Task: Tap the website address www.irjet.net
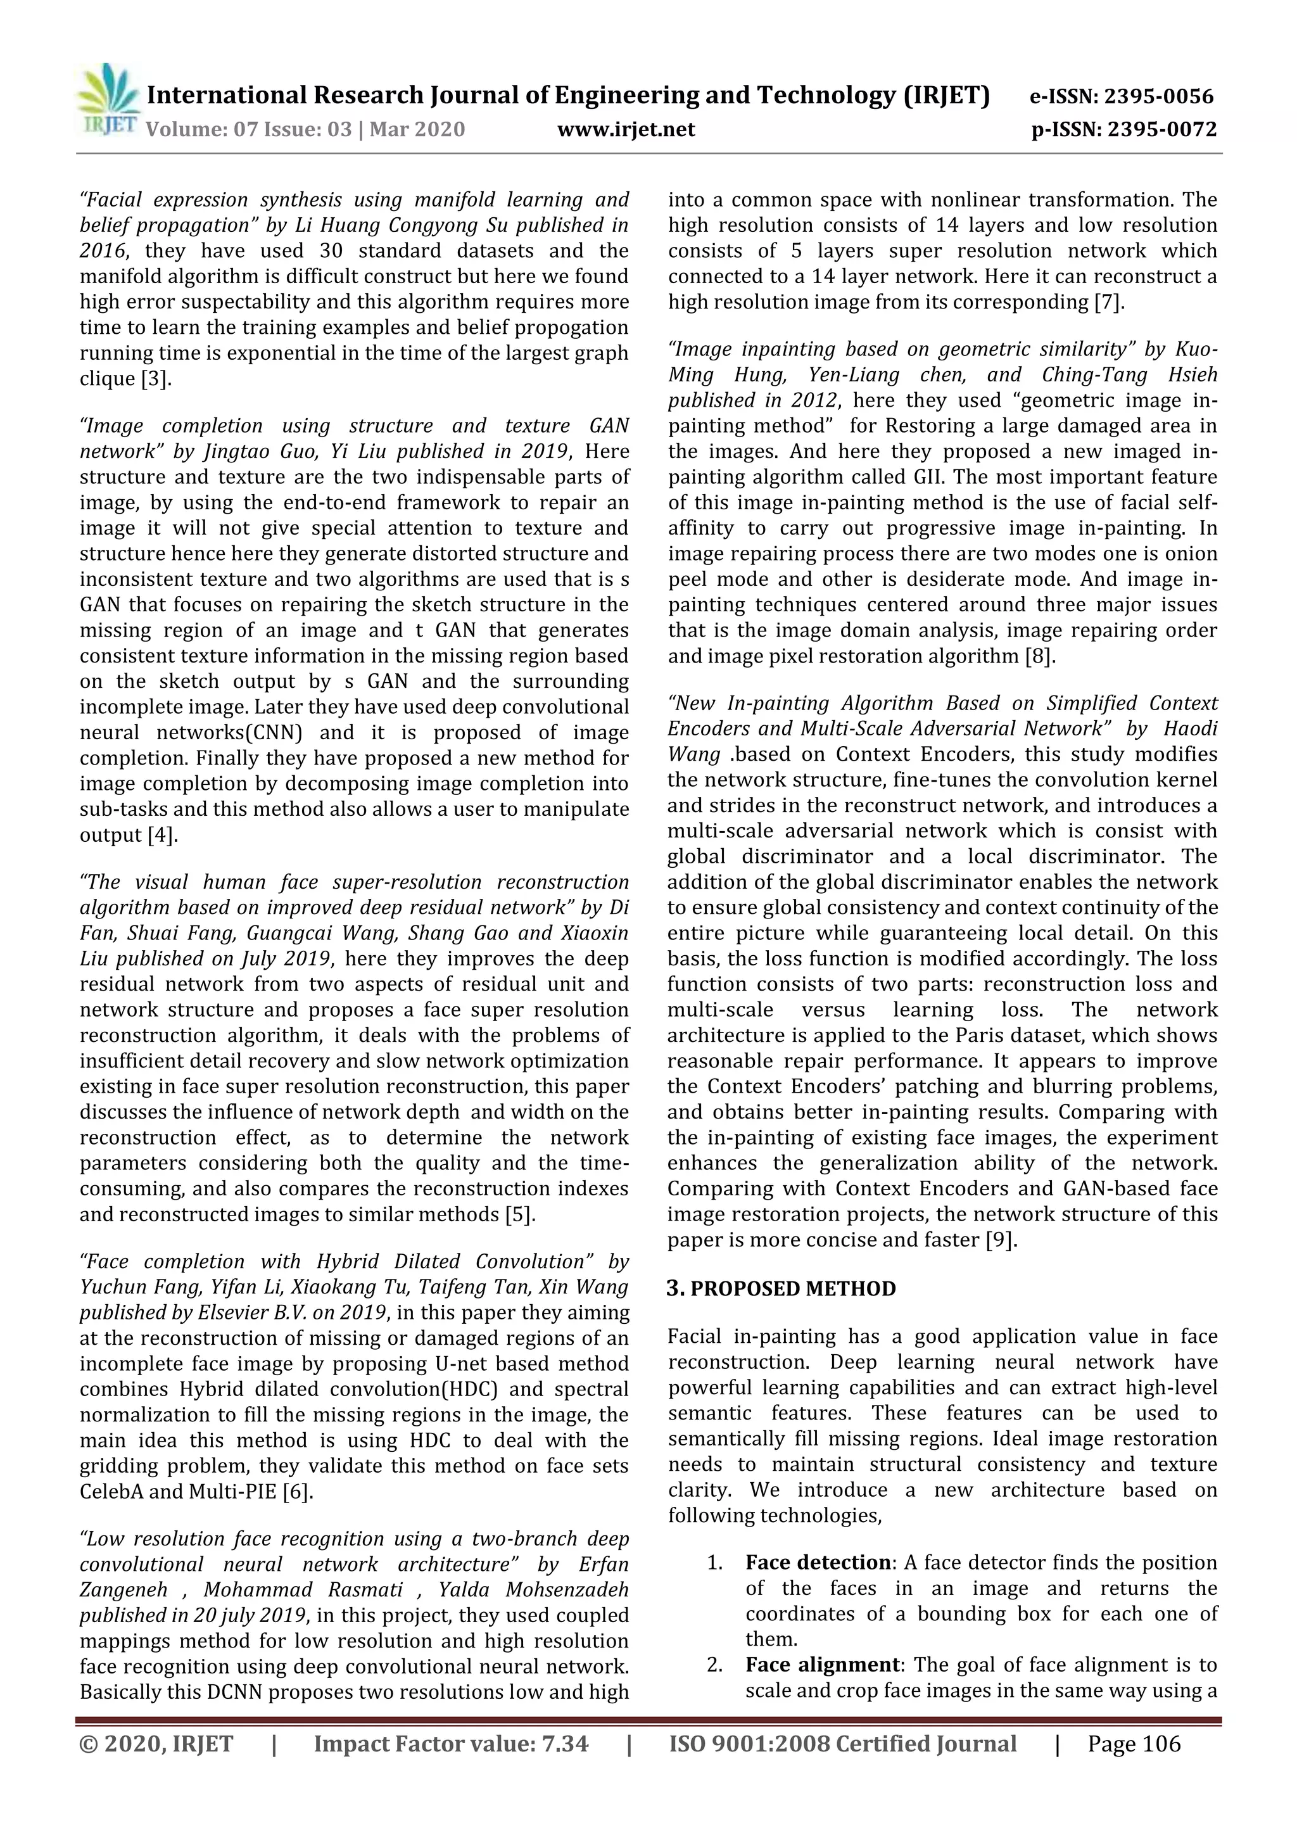coord(626,129)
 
